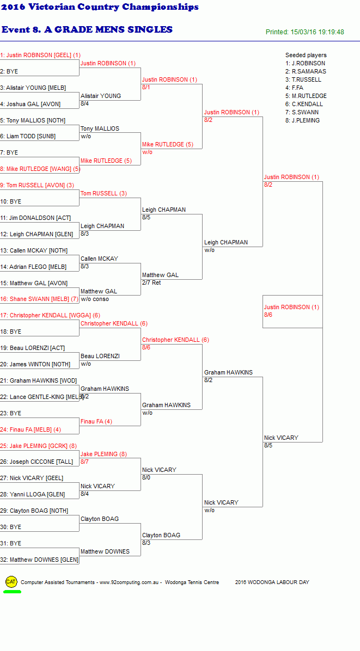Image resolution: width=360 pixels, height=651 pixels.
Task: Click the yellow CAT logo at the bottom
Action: (11, 582)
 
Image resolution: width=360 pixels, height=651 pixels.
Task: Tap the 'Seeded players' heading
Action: (306, 55)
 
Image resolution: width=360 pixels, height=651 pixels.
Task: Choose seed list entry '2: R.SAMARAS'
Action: (306, 71)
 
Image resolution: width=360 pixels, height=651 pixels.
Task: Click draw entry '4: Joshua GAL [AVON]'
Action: (30, 104)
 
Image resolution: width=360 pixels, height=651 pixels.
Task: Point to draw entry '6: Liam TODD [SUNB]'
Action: (28, 137)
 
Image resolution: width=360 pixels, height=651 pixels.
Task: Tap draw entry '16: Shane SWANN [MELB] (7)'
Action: (39, 299)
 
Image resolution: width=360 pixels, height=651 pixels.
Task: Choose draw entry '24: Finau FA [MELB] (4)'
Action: (30, 429)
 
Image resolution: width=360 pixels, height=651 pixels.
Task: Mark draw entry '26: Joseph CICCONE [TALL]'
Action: (36, 462)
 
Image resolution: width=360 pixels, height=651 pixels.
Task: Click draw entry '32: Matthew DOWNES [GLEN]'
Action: (39, 560)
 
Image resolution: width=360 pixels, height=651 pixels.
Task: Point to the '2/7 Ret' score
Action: (151, 282)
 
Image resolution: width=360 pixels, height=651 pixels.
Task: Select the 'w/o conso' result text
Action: (95, 299)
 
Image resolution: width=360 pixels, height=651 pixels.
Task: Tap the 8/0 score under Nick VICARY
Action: (146, 478)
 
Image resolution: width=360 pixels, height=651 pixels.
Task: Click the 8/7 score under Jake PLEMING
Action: (85, 462)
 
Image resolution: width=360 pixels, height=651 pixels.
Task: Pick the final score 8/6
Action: (269, 315)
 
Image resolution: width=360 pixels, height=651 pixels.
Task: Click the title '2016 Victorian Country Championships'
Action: (100, 7)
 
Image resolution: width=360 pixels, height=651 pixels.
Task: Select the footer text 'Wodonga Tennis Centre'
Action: (192, 582)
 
